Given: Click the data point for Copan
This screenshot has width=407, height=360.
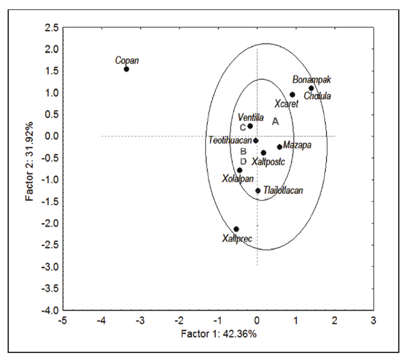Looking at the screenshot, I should pyautogui.click(x=126, y=69).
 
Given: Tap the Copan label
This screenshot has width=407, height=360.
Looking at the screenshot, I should pyautogui.click(x=127, y=60).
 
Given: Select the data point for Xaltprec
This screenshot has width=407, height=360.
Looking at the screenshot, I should pyautogui.click(x=236, y=229).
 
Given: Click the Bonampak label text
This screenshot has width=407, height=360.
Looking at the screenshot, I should pyautogui.click(x=311, y=80).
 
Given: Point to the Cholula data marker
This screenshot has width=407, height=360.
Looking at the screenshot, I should pyautogui.click(x=311, y=88).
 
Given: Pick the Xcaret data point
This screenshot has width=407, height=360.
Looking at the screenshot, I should pyautogui.click(x=292, y=95).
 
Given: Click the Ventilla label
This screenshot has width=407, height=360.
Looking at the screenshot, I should pyautogui.click(x=251, y=118).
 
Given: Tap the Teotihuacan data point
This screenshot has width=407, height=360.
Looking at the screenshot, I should pyautogui.click(x=256, y=140).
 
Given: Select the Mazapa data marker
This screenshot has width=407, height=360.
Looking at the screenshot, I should pyautogui.click(x=280, y=147).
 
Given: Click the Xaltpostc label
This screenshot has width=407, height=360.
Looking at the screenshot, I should pyautogui.click(x=269, y=162).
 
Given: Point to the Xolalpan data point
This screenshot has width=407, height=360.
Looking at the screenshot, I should pyautogui.click(x=240, y=170).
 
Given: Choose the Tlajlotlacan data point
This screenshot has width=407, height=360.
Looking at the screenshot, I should pyautogui.click(x=258, y=190).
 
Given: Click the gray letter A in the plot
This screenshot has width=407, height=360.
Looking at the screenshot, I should pyautogui.click(x=275, y=121).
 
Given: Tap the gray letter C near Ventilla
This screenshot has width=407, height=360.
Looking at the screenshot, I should pyautogui.click(x=243, y=128).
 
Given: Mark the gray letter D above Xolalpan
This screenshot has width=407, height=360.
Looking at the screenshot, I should pyautogui.click(x=244, y=162).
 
